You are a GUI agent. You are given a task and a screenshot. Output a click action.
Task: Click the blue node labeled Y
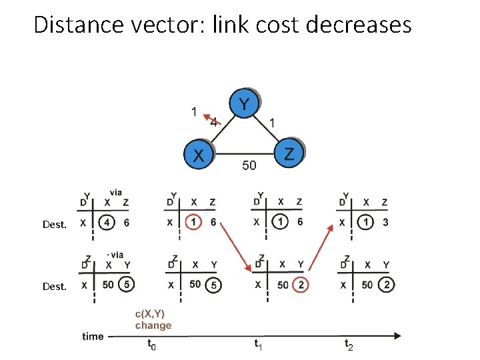click(x=245, y=104)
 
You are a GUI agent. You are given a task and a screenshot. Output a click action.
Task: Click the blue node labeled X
click(x=198, y=155)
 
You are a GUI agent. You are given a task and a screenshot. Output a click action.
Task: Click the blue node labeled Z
click(x=289, y=154)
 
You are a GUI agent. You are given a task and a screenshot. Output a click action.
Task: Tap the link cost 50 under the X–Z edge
click(x=248, y=165)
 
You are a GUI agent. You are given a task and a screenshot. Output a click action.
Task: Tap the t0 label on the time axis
click(x=151, y=345)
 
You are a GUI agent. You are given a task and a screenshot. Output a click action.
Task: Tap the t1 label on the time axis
click(x=258, y=345)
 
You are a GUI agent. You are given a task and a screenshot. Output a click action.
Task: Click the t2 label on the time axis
click(x=349, y=345)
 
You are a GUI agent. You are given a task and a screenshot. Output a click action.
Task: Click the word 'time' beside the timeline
click(x=93, y=336)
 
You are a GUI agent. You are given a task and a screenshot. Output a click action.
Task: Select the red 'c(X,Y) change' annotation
click(x=153, y=319)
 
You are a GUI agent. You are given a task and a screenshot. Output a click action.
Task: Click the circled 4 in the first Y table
click(x=106, y=223)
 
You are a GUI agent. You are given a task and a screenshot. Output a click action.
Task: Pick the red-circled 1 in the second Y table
click(x=193, y=223)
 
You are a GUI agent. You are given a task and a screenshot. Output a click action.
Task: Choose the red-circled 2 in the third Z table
click(x=301, y=285)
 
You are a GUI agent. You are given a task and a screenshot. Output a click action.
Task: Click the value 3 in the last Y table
click(x=386, y=223)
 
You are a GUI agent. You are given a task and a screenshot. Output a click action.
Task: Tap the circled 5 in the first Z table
click(x=127, y=285)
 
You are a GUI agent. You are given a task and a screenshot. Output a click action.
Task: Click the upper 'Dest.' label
click(x=55, y=225)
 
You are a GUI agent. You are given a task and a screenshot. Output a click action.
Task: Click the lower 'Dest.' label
click(x=55, y=287)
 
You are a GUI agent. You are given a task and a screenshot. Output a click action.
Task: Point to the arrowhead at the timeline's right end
click(x=398, y=336)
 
